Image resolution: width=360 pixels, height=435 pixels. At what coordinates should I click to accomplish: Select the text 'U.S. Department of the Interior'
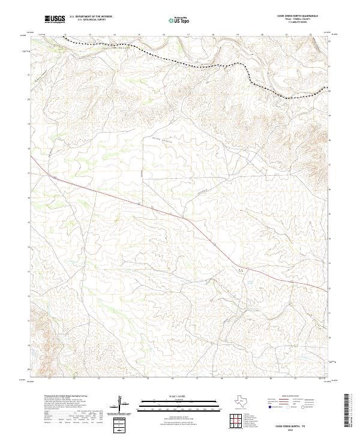(x=90, y=17)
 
